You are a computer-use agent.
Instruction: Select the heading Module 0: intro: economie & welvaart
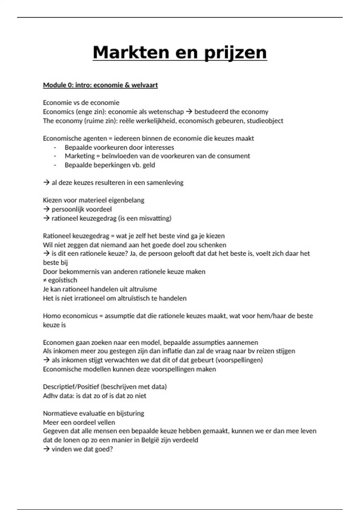100,85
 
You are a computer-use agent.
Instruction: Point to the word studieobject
265,121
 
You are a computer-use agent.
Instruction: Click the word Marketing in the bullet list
79,156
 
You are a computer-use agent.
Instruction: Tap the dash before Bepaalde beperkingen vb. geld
55,165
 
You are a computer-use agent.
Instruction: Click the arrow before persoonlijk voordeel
46,209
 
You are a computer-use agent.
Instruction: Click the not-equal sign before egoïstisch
45,280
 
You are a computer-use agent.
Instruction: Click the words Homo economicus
70,316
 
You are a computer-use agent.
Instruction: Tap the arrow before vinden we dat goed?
46,449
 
